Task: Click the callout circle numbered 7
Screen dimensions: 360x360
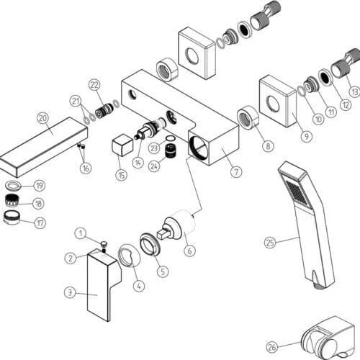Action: point(236,172)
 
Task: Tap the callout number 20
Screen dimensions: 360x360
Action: point(43,118)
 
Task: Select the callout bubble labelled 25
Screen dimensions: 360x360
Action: point(270,243)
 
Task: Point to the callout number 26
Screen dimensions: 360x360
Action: point(272,347)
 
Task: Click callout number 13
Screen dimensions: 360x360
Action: point(354,91)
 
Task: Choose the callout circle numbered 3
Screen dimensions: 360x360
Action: point(70,292)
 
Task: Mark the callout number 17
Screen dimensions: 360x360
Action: point(40,223)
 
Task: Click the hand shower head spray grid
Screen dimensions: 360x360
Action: point(297,194)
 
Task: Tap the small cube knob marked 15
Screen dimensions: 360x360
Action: point(122,145)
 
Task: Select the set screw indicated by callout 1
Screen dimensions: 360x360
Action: point(104,246)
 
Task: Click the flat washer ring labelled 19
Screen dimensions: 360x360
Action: point(13,186)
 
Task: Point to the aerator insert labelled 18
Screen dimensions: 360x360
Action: point(12,200)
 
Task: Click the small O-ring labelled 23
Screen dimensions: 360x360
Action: point(171,139)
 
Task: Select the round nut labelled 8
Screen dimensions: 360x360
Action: point(248,117)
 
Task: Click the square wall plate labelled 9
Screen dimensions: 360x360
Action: point(278,102)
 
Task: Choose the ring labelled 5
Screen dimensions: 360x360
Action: point(150,244)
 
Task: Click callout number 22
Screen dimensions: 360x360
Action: point(94,85)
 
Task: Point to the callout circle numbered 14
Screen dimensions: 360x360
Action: point(138,163)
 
